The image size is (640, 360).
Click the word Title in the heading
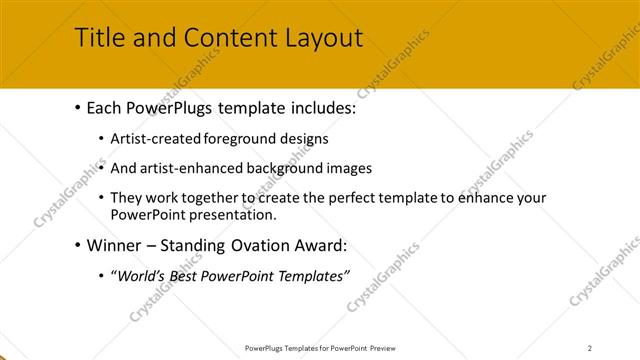coord(99,39)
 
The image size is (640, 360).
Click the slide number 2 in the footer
coord(590,347)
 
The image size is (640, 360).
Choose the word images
coord(350,168)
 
